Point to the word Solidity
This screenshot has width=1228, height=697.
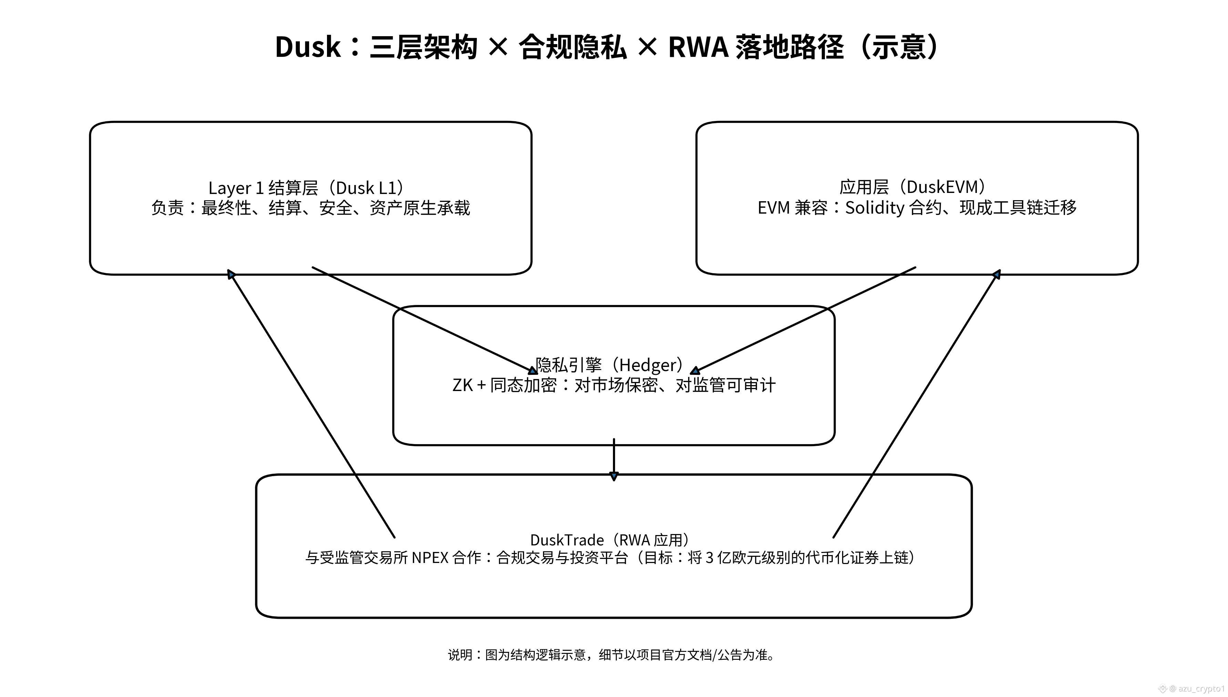point(874,207)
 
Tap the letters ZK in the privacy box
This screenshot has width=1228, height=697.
point(462,385)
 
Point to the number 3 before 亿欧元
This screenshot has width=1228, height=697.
point(709,558)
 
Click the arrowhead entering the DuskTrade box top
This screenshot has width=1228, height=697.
point(614,476)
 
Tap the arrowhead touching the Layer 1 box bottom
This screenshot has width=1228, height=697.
point(231,274)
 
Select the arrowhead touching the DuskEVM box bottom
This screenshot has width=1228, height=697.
point(997,274)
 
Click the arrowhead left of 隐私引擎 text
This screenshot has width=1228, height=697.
point(532,370)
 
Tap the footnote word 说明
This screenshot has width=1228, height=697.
point(460,654)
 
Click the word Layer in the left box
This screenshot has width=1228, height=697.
point(230,188)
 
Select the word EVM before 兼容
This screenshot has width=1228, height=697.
point(774,207)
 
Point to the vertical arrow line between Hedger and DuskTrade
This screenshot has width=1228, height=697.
point(614,457)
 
